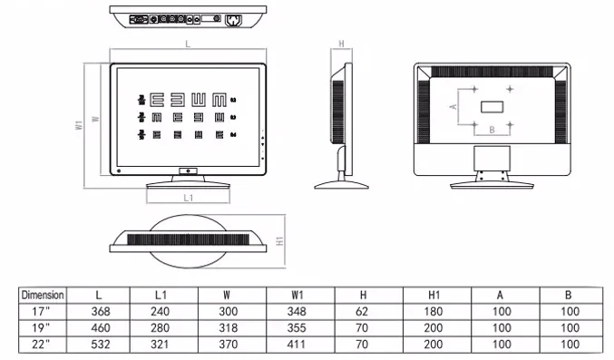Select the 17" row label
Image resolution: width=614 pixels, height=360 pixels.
click(43, 311)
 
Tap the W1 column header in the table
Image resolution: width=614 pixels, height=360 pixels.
click(297, 295)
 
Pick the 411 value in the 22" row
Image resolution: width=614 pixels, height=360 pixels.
click(297, 345)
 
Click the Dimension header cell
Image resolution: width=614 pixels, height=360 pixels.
click(43, 295)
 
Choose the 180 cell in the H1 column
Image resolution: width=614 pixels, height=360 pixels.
click(433, 311)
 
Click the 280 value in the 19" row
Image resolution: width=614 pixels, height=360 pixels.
click(161, 327)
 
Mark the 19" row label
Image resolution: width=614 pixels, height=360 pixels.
click(43, 327)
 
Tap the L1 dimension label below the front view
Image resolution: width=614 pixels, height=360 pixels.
click(188, 197)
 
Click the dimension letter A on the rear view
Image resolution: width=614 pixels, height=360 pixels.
click(453, 106)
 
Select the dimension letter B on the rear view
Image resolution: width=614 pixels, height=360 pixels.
click(492, 130)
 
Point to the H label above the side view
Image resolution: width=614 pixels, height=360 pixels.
click(341, 43)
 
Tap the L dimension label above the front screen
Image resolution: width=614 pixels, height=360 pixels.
click(188, 44)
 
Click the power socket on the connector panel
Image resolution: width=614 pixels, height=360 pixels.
click(233, 19)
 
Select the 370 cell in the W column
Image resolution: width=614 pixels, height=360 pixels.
click(229, 345)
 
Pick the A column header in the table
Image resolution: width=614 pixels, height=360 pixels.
click(501, 295)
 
